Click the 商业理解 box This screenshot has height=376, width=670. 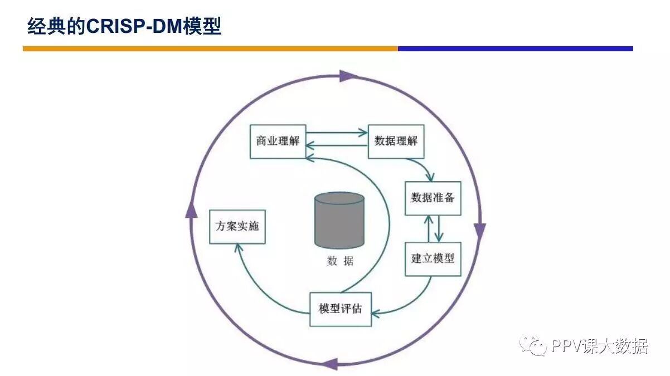278,141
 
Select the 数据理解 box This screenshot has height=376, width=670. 396,141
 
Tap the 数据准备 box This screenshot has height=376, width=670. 433,198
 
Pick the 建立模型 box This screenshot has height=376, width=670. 433,259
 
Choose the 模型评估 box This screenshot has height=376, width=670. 340,309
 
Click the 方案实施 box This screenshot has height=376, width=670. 237,227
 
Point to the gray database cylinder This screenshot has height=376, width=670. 339,220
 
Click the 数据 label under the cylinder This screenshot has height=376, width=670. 339,261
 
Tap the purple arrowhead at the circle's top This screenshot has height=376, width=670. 347,76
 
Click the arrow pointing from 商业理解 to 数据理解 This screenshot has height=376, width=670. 337,133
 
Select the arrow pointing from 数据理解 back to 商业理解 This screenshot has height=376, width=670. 337,146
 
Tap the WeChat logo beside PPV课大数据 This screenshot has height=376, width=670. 532,346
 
